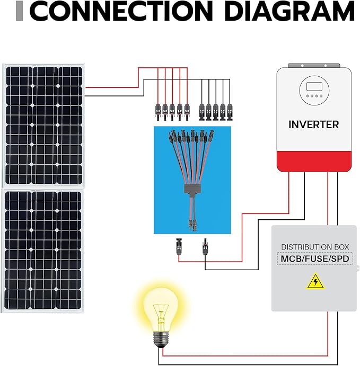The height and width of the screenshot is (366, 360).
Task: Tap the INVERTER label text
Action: click(x=313, y=125)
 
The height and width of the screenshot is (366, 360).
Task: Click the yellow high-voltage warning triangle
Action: click(x=315, y=281)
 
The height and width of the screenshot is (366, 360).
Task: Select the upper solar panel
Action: click(x=42, y=124)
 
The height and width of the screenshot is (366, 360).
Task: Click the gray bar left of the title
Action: click(x=20, y=11)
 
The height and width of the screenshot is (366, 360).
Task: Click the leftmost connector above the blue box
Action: click(x=157, y=111)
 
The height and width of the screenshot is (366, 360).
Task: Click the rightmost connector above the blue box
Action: click(x=230, y=111)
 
